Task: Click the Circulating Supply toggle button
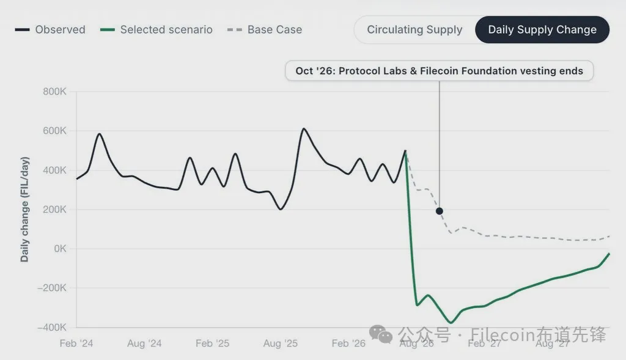414,29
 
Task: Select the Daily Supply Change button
542,29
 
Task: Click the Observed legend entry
50,29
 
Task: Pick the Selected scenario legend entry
156,29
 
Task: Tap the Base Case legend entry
265,29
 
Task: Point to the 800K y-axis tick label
54,92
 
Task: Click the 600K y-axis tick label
54,131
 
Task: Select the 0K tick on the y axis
60,249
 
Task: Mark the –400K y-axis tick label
52,327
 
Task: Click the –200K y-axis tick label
52,288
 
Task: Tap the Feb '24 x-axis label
76,343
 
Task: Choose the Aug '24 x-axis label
144,343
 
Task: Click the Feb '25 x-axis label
212,343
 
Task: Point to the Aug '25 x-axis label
280,343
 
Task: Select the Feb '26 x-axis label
348,343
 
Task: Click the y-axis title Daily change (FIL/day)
24,210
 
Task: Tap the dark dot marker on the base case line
439,211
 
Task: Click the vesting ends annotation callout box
439,71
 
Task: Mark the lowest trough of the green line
451,323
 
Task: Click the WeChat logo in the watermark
381,334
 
